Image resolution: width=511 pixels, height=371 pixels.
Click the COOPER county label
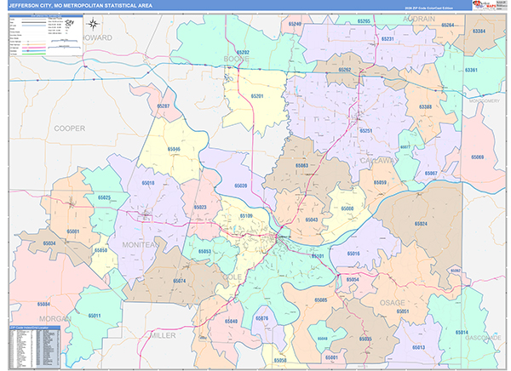pos(70,128)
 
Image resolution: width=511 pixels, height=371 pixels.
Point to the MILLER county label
pos(163,335)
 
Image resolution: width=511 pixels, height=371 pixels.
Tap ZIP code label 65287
pos(163,106)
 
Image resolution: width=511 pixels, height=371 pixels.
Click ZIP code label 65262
pos(345,70)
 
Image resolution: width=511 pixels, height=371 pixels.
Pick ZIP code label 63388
pos(424,107)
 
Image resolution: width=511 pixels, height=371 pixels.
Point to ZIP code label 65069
pos(477,157)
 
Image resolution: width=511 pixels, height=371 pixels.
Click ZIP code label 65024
pos(420,224)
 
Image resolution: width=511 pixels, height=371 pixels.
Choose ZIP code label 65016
pos(353,254)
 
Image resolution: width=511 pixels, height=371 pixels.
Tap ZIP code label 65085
pos(321,300)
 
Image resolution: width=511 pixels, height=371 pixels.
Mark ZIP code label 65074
pos(179,281)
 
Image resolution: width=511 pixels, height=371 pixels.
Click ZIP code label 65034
pos(49,243)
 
